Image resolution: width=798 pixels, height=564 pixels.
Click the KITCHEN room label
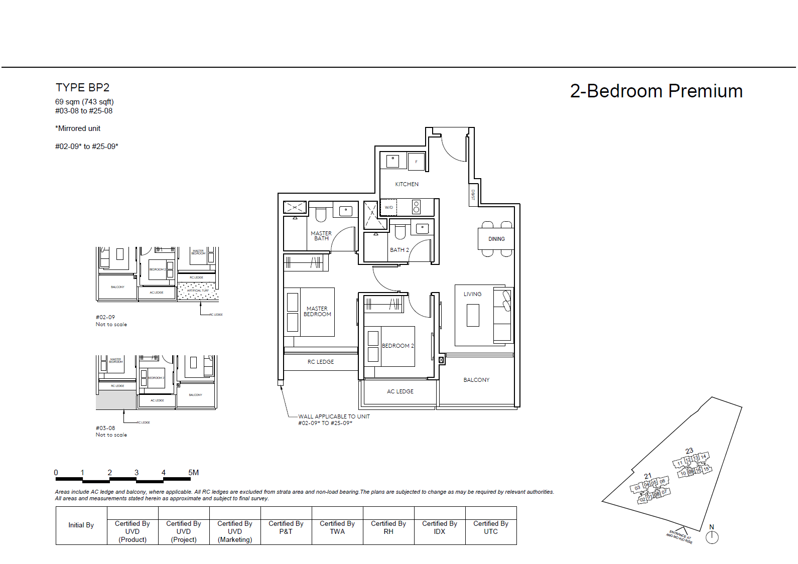click(407, 184)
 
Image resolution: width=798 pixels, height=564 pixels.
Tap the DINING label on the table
click(496, 239)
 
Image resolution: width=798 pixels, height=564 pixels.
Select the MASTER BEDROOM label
click(317, 312)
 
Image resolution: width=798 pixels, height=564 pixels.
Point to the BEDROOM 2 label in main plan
click(397, 346)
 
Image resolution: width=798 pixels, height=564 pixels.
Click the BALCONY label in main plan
click(476, 380)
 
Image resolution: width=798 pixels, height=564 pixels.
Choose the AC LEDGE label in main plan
click(400, 391)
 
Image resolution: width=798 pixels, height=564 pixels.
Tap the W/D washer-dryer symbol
click(389, 207)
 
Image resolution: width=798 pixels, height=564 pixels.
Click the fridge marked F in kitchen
click(416, 162)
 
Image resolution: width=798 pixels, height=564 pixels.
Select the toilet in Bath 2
click(400, 231)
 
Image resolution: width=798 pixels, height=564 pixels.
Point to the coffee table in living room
click(473, 316)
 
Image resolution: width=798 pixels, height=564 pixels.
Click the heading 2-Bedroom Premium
click(656, 91)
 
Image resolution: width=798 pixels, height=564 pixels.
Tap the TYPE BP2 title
click(82, 88)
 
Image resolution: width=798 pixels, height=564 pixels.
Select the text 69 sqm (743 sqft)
click(84, 102)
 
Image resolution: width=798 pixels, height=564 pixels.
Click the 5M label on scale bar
click(193, 473)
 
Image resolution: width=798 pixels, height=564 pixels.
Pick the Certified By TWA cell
click(337, 527)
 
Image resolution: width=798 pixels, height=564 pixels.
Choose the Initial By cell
click(81, 525)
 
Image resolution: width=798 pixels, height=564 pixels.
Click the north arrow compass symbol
click(712, 537)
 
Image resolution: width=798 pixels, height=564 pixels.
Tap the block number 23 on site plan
click(689, 451)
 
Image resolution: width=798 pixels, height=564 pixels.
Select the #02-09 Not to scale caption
click(111, 321)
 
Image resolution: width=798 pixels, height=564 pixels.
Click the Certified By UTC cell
click(491, 527)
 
